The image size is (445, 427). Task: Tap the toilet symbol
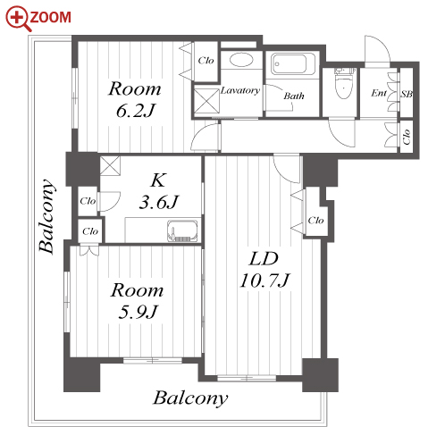pos(344,84)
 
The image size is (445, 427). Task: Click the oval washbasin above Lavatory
pos(241,60)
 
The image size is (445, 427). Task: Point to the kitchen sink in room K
pos(182,230)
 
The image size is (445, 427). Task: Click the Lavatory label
pos(240,90)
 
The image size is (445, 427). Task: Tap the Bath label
pos(294,96)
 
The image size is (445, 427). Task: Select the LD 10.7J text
pos(264,270)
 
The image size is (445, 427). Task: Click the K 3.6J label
pos(158,191)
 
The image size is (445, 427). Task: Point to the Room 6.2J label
pos(135,99)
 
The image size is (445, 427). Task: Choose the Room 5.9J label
pos(137,301)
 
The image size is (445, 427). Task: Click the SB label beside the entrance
pos(407,94)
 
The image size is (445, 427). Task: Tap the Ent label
pos(379,93)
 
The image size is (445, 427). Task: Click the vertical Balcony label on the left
pos(47,216)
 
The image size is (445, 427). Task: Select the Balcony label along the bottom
pos(190,398)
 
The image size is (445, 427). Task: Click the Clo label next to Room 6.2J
pos(206,61)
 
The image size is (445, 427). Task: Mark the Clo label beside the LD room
pos(315,221)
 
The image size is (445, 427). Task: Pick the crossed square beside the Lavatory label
pos(206,100)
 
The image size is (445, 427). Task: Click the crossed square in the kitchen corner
pos(110,165)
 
